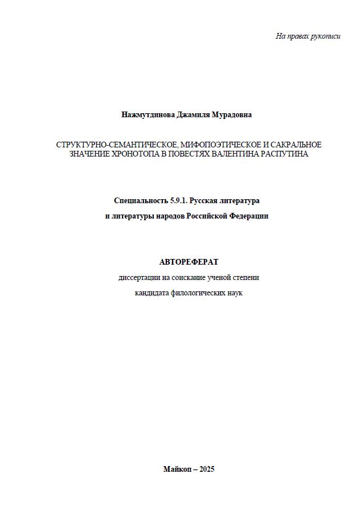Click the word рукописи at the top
coord(326,36)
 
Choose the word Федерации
coord(248,216)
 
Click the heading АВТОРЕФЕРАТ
coord(189,262)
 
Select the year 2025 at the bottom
coord(207,470)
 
